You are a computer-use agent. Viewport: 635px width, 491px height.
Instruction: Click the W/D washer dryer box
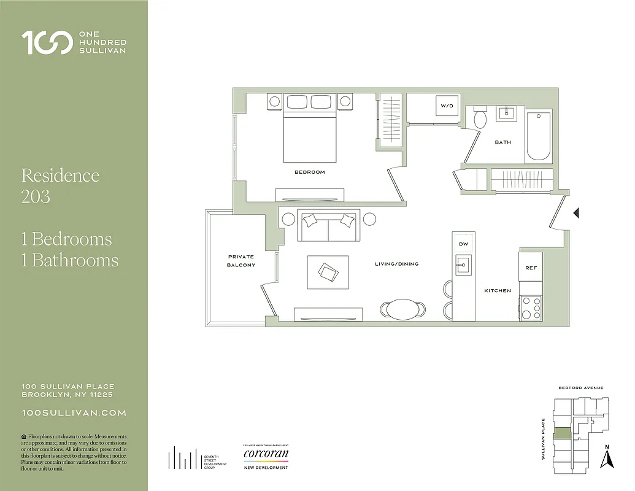point(447,106)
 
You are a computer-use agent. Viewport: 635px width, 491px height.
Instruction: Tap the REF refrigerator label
point(530,268)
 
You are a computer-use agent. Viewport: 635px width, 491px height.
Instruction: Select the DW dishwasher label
point(463,244)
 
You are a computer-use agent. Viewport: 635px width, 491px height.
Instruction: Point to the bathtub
point(539,136)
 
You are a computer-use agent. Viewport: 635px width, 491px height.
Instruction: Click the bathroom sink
point(507,114)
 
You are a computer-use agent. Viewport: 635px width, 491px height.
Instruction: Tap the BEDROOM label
point(309,172)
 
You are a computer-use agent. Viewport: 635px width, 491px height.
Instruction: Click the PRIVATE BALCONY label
point(241,261)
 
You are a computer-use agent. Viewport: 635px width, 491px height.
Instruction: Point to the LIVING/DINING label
point(396,264)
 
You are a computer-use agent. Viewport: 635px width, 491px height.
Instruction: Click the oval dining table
point(402,307)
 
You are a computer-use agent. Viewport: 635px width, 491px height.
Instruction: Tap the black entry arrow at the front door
point(575,213)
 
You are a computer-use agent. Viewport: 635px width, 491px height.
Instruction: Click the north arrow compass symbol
point(607,457)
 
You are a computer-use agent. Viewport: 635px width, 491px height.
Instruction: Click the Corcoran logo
point(265,455)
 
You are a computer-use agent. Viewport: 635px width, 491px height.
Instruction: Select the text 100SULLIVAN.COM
point(74,413)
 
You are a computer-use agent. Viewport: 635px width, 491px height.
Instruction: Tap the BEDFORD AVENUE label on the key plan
point(580,388)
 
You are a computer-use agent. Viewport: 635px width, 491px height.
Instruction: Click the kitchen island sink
point(463,265)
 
